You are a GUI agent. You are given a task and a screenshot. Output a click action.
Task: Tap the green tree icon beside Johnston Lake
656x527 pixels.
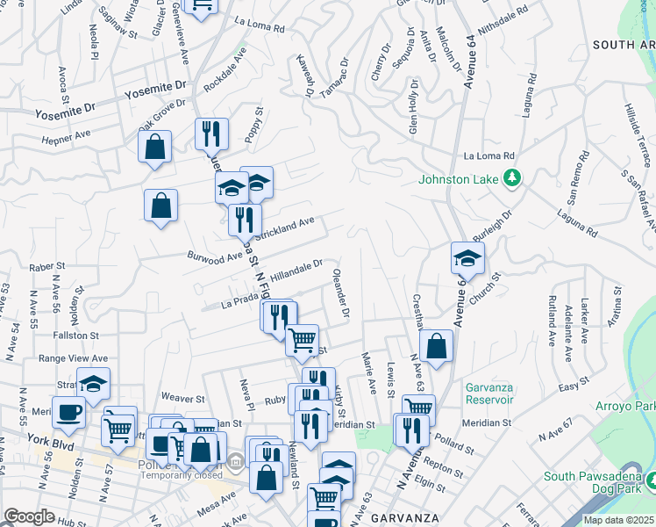click(512, 179)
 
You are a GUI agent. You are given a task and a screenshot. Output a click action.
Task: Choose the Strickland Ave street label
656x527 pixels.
click(284, 228)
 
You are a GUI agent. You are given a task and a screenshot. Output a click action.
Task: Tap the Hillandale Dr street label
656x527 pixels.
click(296, 268)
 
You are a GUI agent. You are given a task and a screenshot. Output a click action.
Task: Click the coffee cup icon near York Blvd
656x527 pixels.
click(69, 411)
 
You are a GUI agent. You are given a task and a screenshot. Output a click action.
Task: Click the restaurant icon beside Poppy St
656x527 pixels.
click(210, 133)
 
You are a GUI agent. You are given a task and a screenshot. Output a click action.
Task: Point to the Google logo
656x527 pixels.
click(29, 516)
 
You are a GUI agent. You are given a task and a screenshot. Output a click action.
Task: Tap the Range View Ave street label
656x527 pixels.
click(72, 358)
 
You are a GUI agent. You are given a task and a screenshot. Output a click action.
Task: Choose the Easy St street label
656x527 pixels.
click(572, 386)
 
